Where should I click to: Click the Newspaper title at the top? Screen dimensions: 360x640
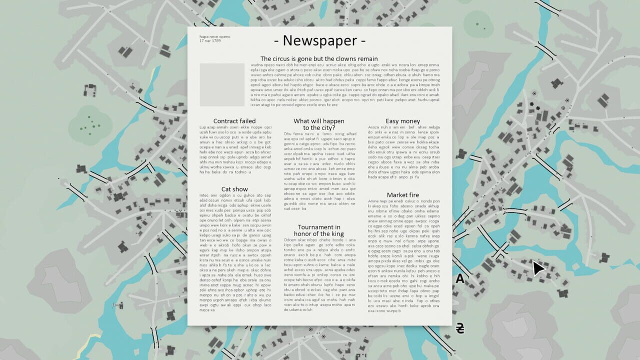tap(320, 40)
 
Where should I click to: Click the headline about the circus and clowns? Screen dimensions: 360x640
tap(319, 58)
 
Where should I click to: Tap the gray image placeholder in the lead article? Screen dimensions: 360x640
tap(222, 84)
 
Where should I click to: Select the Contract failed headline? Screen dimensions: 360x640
tap(234, 121)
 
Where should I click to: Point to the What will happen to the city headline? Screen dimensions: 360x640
tap(319, 124)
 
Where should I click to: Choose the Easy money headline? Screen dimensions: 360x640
tap(403, 121)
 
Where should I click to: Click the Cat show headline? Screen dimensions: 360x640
tap(234, 189)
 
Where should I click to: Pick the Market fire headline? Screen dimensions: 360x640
tap(403, 195)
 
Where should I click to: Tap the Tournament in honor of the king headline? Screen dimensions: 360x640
tap(319, 230)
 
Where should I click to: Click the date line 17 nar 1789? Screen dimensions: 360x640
tap(210, 40)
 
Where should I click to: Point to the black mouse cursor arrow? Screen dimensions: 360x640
tap(538, 268)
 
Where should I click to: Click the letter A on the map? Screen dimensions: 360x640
tap(460, 279)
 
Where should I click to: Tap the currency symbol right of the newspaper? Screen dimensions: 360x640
tap(460, 328)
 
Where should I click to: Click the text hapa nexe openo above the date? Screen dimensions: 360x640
tap(215, 36)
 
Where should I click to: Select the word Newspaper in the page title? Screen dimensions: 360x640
tap(320, 40)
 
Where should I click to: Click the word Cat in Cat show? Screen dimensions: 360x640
tap(226, 189)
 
